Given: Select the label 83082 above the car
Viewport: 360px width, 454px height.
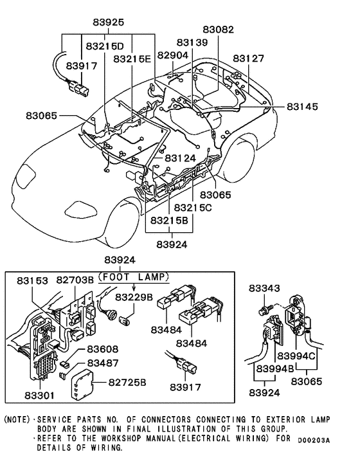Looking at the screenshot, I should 219,30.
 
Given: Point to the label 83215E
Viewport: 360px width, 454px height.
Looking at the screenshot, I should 132,59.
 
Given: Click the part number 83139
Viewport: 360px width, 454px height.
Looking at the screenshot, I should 192,43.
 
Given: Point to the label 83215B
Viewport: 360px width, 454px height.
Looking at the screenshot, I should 170,221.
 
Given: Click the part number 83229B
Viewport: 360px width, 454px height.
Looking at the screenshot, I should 134,298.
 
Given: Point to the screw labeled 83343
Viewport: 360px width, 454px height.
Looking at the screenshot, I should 264,310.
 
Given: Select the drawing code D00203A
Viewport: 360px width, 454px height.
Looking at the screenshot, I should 314,440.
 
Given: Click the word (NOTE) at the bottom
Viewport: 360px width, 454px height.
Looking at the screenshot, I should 17,419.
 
